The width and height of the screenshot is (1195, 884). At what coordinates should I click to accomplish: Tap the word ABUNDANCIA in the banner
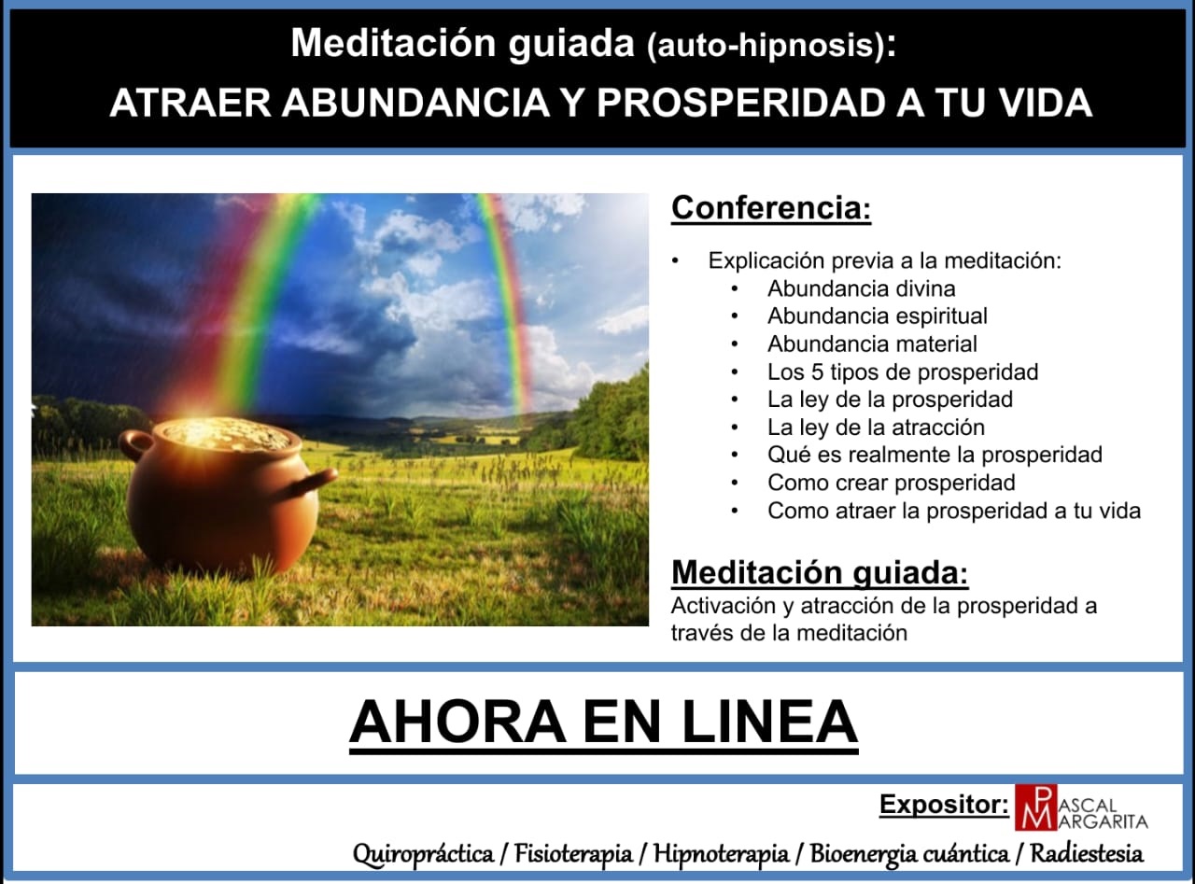coord(416,103)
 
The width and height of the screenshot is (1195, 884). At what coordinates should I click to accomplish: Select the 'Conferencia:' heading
coord(771,207)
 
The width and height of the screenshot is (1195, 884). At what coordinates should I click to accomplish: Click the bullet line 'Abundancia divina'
coord(861,288)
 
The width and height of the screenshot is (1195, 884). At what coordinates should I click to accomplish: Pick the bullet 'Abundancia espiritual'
coord(877,316)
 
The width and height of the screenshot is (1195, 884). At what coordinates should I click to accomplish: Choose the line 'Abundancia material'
coord(872,344)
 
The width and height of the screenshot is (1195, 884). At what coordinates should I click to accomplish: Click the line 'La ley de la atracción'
coord(876,428)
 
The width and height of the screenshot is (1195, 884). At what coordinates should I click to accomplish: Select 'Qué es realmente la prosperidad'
coord(935,455)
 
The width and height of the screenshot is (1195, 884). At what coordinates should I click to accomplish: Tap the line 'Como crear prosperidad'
coord(891,483)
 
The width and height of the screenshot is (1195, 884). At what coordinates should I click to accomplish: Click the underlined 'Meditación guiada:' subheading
coord(820,572)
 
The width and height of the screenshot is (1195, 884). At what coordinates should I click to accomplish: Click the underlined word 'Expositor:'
coord(944,805)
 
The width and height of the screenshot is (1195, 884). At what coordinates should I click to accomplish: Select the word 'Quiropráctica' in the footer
coord(423,853)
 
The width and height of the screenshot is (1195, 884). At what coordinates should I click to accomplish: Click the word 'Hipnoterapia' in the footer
coord(721,853)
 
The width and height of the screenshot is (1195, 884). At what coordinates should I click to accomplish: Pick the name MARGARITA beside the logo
coord(1107,821)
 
